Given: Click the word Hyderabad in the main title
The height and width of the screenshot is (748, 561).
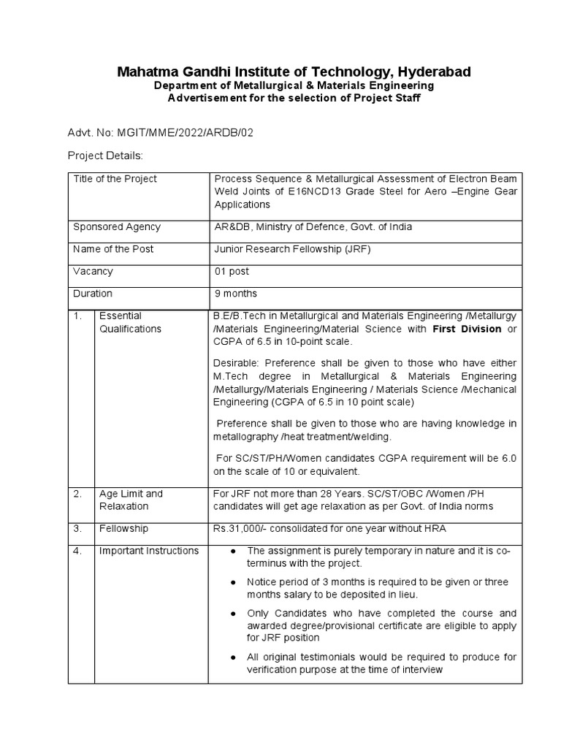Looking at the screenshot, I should pos(427,72).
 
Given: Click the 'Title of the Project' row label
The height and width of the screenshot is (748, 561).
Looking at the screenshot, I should pos(115,179).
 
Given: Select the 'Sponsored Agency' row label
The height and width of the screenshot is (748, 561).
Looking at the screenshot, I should pos(116,227).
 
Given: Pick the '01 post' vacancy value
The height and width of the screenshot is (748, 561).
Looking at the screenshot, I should pos(231,272).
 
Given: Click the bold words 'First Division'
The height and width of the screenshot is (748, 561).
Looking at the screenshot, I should pos(466,329).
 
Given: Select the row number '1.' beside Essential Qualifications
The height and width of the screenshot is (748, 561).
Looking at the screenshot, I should pos(77,316).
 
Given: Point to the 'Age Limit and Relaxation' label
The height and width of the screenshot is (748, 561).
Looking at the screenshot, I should pos(131,500).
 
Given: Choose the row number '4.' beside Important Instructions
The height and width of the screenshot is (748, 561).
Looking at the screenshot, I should pos(77,551).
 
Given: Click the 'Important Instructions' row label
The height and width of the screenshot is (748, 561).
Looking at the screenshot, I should pos(148,551).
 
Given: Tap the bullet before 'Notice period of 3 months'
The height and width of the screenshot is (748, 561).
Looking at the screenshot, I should pos(232,582).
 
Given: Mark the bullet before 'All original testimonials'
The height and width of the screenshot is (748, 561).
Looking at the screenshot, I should pos(232,658).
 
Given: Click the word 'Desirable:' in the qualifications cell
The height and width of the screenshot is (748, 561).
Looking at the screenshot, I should pos(236,363).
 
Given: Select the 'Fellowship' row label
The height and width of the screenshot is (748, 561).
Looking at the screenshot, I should pos(123,528).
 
